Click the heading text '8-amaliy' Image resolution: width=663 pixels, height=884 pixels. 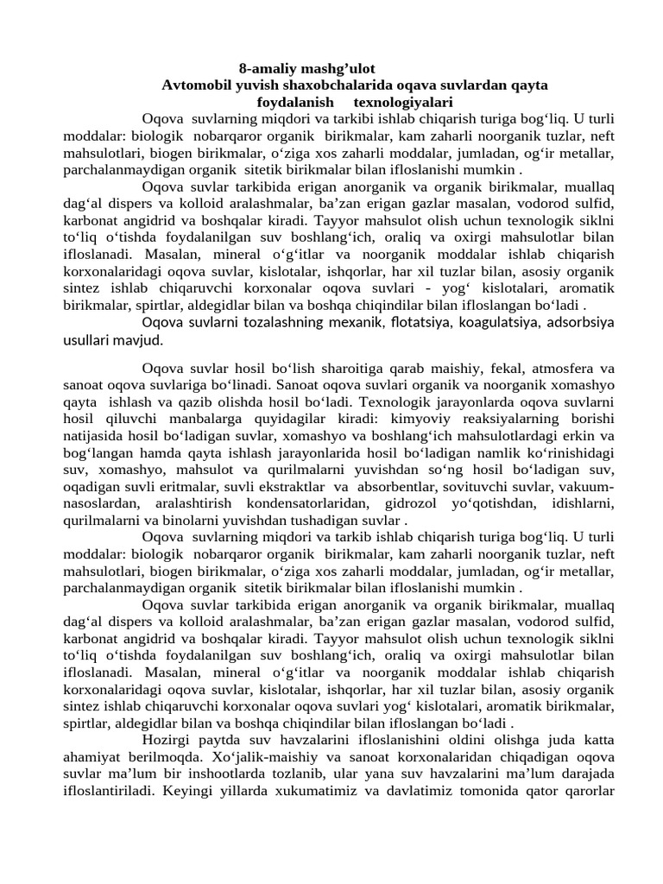(263, 67)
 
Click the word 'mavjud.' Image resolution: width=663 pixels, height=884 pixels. (141, 339)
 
